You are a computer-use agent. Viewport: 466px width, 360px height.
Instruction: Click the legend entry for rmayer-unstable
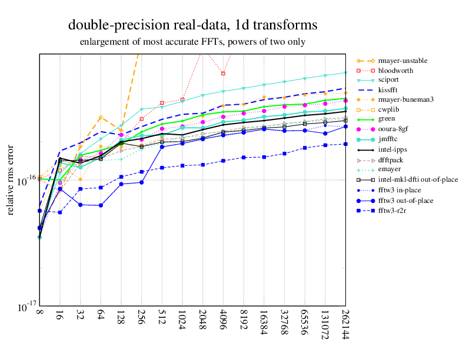click(403, 61)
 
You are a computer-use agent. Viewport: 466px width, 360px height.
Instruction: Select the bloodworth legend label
click(395, 71)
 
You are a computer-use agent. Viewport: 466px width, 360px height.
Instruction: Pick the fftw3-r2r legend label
click(393, 211)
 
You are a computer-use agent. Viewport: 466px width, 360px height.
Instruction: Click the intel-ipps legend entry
click(394, 150)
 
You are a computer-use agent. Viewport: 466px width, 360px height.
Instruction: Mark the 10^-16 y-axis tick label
click(24, 180)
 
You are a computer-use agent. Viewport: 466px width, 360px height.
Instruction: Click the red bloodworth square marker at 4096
click(223, 74)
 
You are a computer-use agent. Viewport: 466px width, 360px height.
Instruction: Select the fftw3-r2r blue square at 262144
click(345, 144)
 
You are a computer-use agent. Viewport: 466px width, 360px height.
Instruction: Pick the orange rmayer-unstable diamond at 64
click(101, 118)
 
